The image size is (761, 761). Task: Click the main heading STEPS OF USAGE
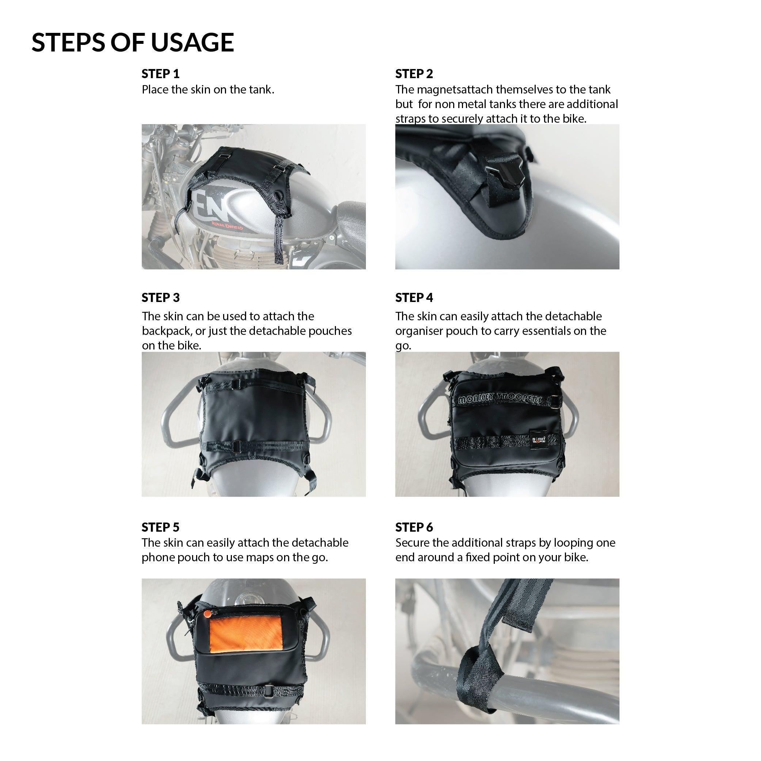133,42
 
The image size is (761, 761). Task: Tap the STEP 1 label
160,74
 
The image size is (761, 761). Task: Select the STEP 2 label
414,74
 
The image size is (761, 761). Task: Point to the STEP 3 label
160,297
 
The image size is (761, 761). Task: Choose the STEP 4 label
414,297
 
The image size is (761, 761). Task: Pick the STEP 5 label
160,527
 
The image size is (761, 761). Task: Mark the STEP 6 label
414,527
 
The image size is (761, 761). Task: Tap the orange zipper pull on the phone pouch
207,613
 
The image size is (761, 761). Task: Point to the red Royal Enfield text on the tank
227,226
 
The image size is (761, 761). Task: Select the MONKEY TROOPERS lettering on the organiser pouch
500,399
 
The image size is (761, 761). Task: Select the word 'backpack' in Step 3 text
166,331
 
